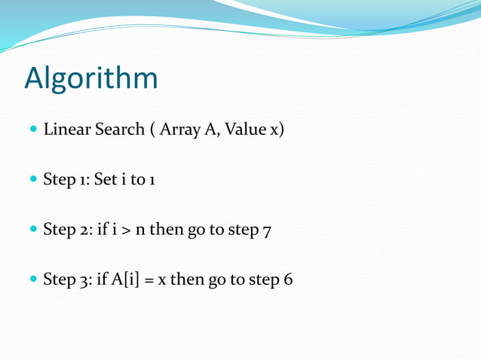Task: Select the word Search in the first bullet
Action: coord(118,130)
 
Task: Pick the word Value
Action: coord(238,130)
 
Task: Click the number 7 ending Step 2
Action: coord(265,230)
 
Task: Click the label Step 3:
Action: coord(68,279)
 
